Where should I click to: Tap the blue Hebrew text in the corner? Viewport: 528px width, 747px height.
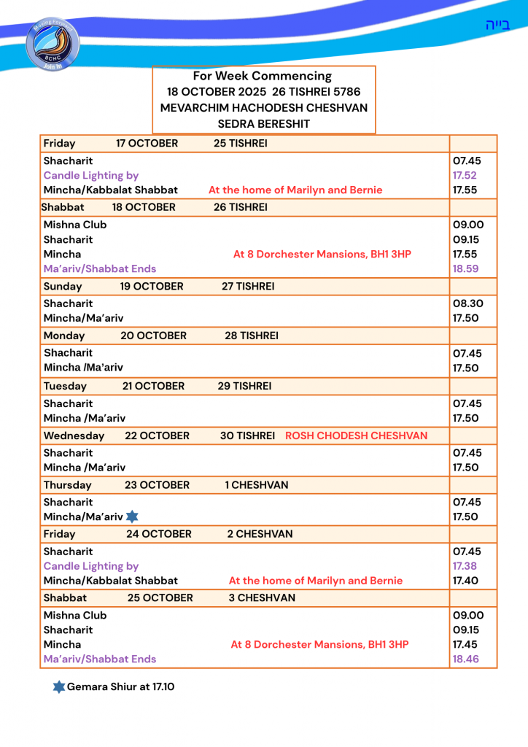coord(497,25)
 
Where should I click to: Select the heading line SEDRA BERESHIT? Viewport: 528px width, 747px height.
coord(263,124)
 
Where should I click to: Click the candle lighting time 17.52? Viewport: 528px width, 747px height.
coord(465,175)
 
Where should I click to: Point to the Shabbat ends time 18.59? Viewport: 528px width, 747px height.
coord(465,268)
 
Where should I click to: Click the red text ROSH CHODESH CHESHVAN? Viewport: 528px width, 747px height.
coord(356,436)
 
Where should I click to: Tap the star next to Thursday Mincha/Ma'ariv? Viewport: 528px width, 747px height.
coord(132,516)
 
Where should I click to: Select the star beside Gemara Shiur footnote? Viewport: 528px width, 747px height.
coord(59,686)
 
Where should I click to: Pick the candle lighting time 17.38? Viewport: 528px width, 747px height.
coord(465,566)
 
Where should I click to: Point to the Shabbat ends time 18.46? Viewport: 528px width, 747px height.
coord(465,659)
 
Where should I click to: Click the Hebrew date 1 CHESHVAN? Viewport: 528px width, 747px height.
coord(257,485)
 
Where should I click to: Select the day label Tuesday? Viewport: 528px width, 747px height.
coord(65,386)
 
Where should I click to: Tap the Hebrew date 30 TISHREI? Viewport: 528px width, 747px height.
coord(247,436)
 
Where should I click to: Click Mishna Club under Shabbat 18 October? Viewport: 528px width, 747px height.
coord(75,225)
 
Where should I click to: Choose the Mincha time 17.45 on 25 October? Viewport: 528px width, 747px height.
coord(465,644)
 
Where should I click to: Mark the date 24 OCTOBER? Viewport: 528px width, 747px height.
coord(159,534)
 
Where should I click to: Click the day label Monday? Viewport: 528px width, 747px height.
coord(64,336)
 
